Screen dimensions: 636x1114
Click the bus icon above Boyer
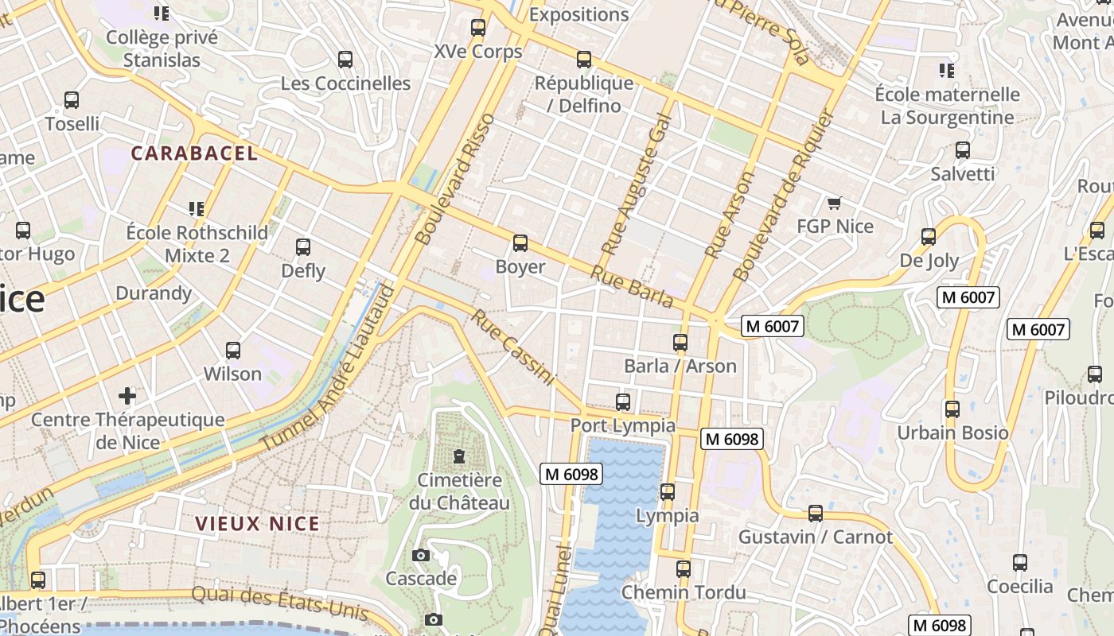point(520,243)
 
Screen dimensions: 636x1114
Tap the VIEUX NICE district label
point(258,524)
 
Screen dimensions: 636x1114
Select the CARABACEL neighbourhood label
point(195,153)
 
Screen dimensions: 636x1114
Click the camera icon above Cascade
point(421,555)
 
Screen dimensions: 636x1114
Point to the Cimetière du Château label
point(459,491)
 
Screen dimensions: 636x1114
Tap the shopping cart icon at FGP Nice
point(834,204)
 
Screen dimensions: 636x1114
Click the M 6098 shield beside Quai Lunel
point(571,475)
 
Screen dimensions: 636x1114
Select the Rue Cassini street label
point(512,347)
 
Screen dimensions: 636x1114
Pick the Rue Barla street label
point(632,286)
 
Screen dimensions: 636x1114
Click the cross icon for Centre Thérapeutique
point(127,395)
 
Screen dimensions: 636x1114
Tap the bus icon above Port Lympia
point(623,402)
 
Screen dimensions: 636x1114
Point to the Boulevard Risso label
point(455,179)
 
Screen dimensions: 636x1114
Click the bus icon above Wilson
point(233,351)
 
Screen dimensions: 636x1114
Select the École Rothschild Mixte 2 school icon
point(197,209)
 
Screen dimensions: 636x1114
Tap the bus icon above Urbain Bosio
point(952,409)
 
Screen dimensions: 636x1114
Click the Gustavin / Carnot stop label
point(816,537)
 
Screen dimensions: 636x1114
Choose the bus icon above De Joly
point(929,237)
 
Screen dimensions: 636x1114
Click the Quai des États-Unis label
point(280,603)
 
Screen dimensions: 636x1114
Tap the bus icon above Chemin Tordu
point(684,569)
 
